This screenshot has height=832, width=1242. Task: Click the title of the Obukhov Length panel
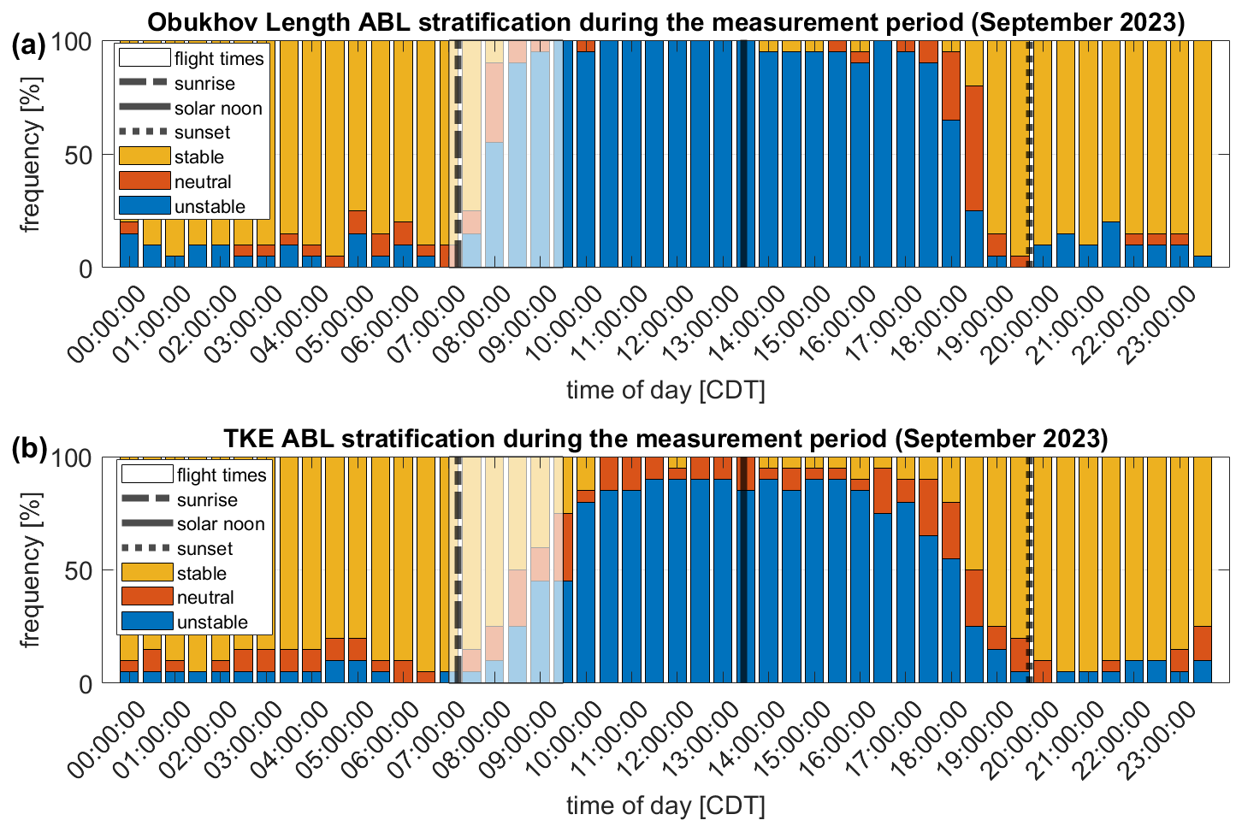tap(665, 22)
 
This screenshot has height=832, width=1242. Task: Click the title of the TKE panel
tap(665, 439)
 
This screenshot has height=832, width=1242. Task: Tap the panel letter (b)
tap(28, 450)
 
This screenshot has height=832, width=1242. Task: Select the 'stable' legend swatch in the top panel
tap(144, 156)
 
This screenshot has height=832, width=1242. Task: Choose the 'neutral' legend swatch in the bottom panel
tap(147, 597)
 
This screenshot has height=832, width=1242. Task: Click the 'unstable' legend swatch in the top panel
tap(144, 206)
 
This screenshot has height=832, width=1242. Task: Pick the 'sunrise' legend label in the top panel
tap(204, 84)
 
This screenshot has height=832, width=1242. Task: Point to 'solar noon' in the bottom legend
tap(221, 524)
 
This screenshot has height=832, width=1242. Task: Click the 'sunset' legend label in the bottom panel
tap(205, 549)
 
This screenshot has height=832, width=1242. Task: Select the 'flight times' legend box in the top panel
tap(144, 58)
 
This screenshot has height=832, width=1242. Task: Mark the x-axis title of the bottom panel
tap(665, 805)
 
